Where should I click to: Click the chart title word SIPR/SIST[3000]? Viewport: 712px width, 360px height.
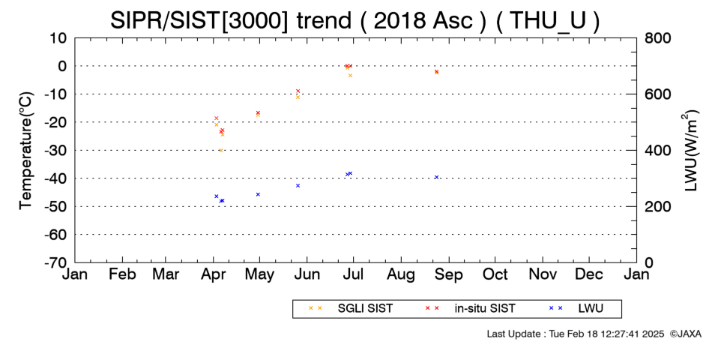[199, 20]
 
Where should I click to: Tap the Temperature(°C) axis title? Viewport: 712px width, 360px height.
[26, 151]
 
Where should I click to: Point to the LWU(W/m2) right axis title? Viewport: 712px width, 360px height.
[689, 151]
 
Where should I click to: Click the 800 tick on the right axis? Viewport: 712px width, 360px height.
[657, 38]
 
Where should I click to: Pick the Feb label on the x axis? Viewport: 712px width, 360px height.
[122, 274]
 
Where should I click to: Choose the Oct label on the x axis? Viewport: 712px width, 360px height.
[495, 274]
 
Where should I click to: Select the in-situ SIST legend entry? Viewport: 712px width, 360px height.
[470, 308]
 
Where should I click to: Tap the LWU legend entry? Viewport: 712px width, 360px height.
[576, 308]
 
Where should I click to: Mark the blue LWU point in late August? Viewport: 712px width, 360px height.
[436, 177]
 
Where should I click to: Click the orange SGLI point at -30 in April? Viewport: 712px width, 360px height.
[220, 150]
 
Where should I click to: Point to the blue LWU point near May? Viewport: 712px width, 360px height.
[258, 194]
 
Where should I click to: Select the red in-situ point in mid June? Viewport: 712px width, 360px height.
[298, 91]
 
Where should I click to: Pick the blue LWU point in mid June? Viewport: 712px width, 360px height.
[298, 185]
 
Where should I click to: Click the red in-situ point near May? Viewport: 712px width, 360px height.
[258, 112]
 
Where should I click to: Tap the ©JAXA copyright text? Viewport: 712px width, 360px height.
[686, 334]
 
